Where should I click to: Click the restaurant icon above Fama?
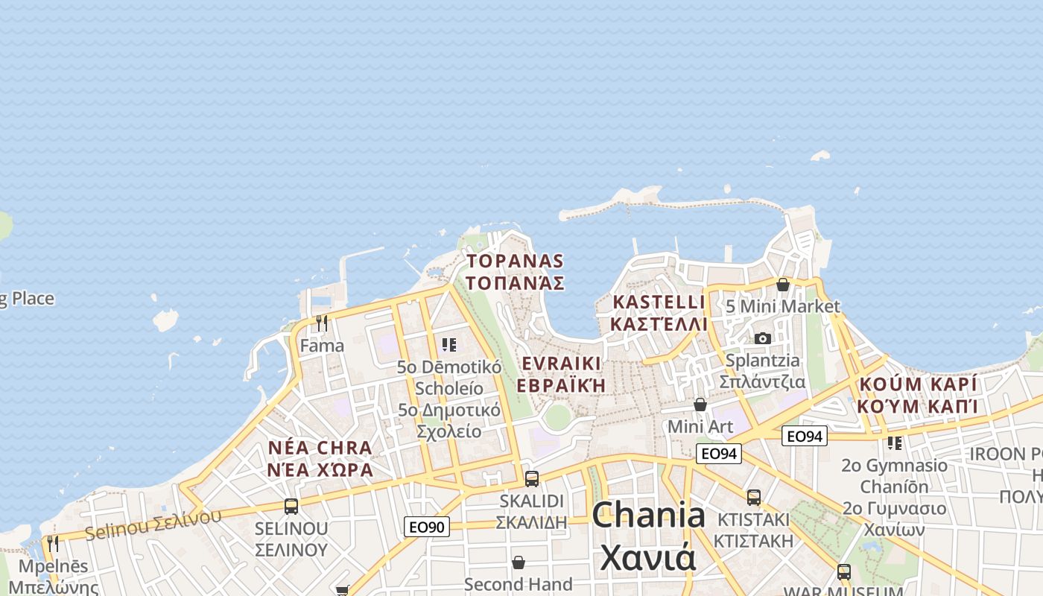(322, 323)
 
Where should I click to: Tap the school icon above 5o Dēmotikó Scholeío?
(448, 345)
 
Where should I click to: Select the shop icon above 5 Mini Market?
(782, 285)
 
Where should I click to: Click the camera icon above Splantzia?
(762, 338)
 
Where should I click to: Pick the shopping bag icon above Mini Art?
(700, 405)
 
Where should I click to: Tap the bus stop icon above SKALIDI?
(532, 478)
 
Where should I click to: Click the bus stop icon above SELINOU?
(291, 507)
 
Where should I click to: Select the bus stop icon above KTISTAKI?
(754, 497)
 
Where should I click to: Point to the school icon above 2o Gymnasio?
(895, 443)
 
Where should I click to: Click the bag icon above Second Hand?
(519, 562)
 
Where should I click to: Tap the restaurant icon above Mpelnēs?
(52, 543)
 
